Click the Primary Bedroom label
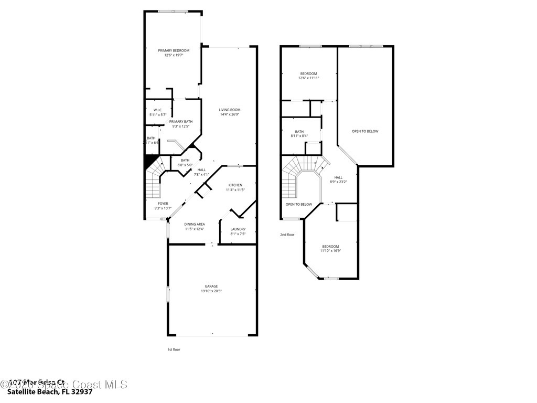click(174, 50)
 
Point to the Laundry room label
click(238, 229)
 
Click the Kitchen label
click(235, 185)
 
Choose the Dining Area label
click(195, 224)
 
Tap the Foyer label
click(163, 204)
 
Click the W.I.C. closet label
click(158, 110)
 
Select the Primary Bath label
click(180, 121)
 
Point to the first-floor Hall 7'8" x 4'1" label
click(202, 170)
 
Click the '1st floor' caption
click(174, 349)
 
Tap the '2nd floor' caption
click(287, 235)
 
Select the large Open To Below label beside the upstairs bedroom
click(365, 131)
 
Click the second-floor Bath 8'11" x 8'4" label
click(299, 132)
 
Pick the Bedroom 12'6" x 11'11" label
click(308, 73)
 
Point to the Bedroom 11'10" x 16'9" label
click(330, 247)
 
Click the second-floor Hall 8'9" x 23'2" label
click(338, 177)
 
